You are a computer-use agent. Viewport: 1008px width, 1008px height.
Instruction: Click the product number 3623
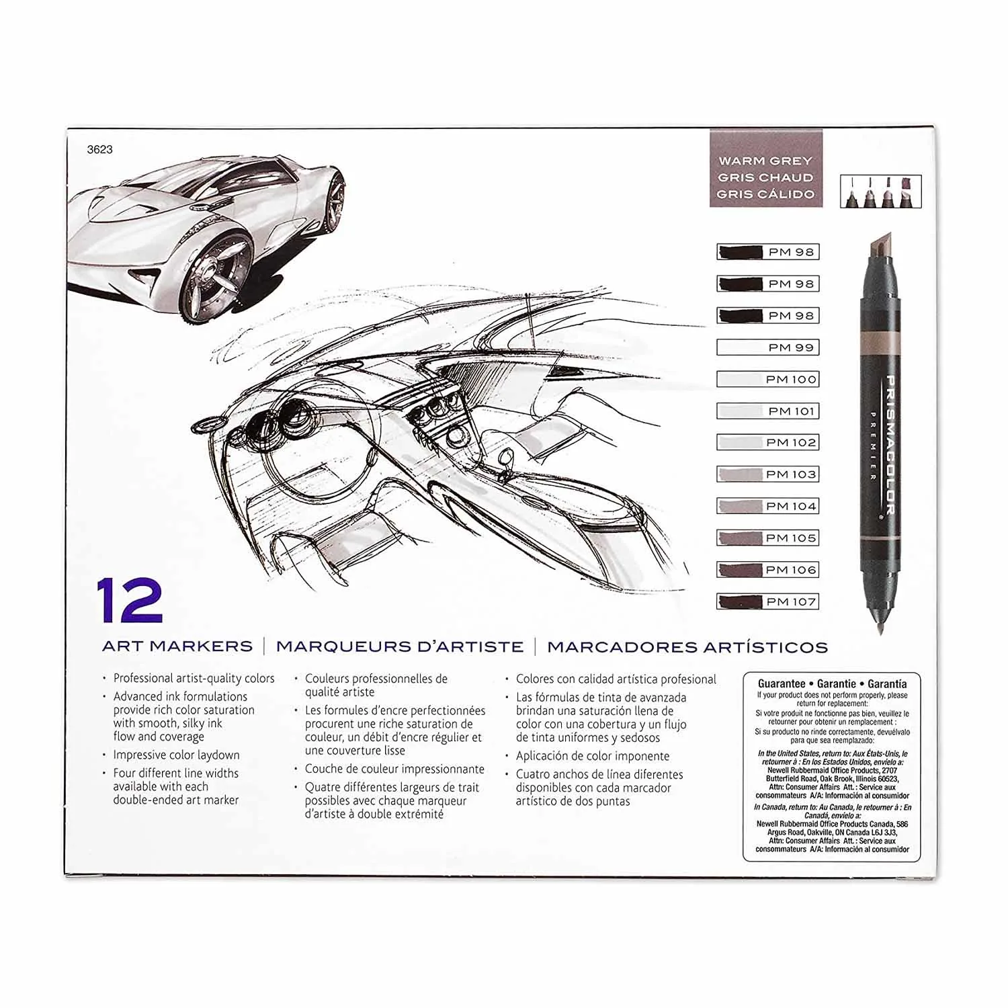pos(99,150)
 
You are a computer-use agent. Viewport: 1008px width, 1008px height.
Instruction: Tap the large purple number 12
pos(130,600)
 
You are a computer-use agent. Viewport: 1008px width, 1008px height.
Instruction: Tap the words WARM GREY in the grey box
pos(765,161)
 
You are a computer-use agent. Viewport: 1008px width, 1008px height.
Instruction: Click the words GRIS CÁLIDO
pos(765,194)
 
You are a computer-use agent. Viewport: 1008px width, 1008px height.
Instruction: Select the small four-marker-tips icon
pos(880,192)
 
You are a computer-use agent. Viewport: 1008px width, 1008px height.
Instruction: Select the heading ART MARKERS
pos(177,646)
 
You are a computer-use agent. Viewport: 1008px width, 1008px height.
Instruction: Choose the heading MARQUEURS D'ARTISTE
pos(400,646)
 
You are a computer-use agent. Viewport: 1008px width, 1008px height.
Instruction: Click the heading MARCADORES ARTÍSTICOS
pos(687,646)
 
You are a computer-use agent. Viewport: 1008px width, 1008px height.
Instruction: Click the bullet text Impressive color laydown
pos(176,755)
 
